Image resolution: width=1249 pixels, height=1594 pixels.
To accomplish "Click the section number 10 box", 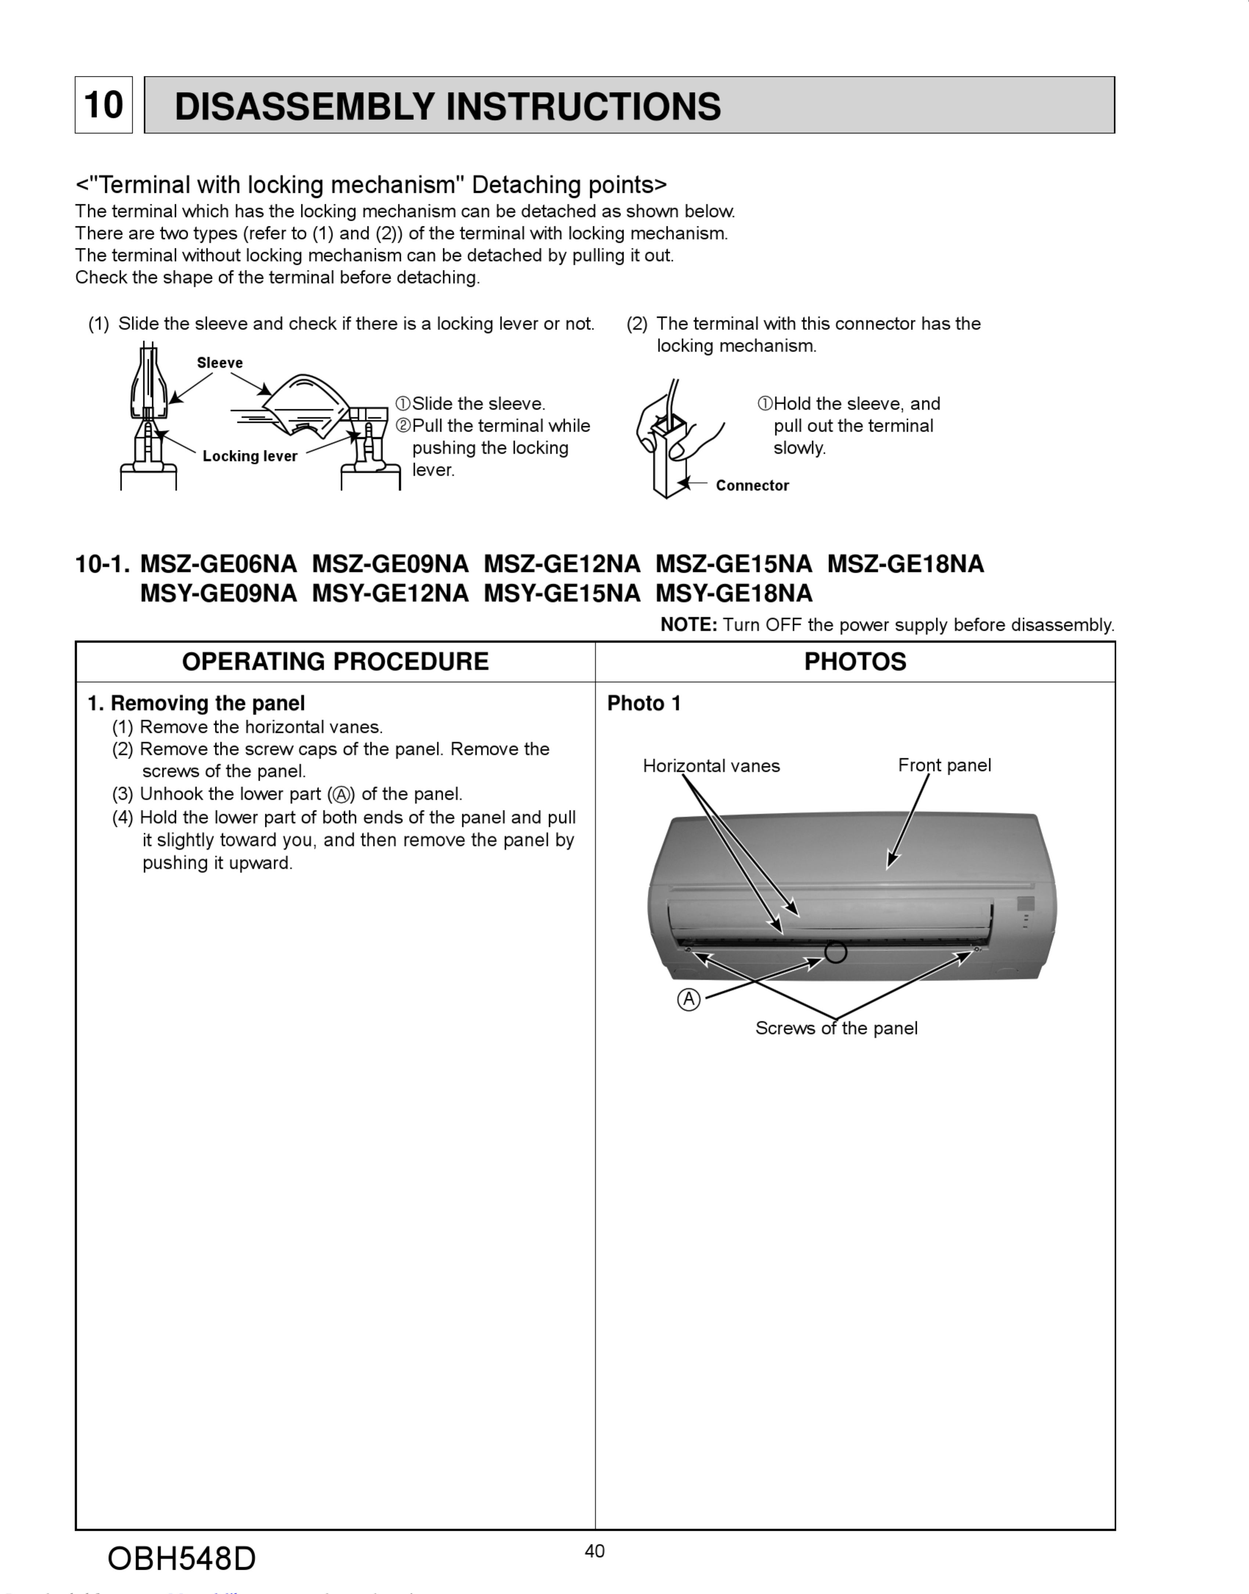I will (x=103, y=105).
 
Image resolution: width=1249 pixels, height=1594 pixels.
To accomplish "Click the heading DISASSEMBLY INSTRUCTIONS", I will (x=447, y=106).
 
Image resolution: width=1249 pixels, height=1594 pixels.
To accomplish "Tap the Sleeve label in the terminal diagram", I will (x=219, y=363).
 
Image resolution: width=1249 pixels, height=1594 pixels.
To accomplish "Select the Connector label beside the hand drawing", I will (x=752, y=486).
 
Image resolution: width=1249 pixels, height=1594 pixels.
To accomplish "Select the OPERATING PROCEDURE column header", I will (x=335, y=662).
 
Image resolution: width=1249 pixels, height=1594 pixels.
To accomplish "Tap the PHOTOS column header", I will (x=855, y=662).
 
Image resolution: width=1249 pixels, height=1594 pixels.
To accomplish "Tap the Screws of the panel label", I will (x=836, y=1028).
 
